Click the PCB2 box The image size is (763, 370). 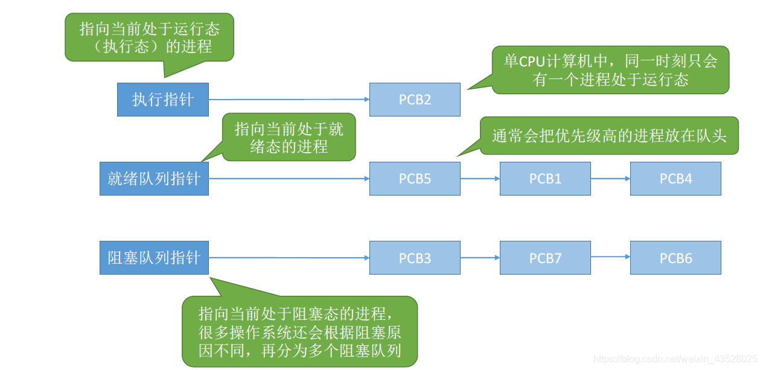(x=415, y=100)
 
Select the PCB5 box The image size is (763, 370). (x=415, y=179)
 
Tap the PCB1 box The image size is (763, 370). (x=545, y=179)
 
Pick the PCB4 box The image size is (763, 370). (x=675, y=179)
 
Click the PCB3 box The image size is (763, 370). (x=415, y=258)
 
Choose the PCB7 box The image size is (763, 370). (x=545, y=258)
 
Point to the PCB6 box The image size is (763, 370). (x=675, y=258)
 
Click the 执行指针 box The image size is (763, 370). (x=163, y=100)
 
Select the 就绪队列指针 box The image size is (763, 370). (x=154, y=179)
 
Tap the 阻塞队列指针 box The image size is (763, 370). (x=154, y=258)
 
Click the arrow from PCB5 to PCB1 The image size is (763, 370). (x=480, y=179)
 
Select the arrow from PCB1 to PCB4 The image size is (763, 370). (x=610, y=179)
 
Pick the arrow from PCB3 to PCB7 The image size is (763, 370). (x=480, y=258)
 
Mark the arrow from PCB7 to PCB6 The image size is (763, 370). (x=610, y=258)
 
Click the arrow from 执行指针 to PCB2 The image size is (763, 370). (x=289, y=100)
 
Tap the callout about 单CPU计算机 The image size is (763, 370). (x=610, y=70)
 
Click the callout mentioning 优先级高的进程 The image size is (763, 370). (x=609, y=136)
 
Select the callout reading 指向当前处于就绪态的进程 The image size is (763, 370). (x=289, y=138)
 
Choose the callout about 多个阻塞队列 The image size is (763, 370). (x=300, y=331)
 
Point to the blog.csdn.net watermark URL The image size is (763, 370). (x=675, y=359)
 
